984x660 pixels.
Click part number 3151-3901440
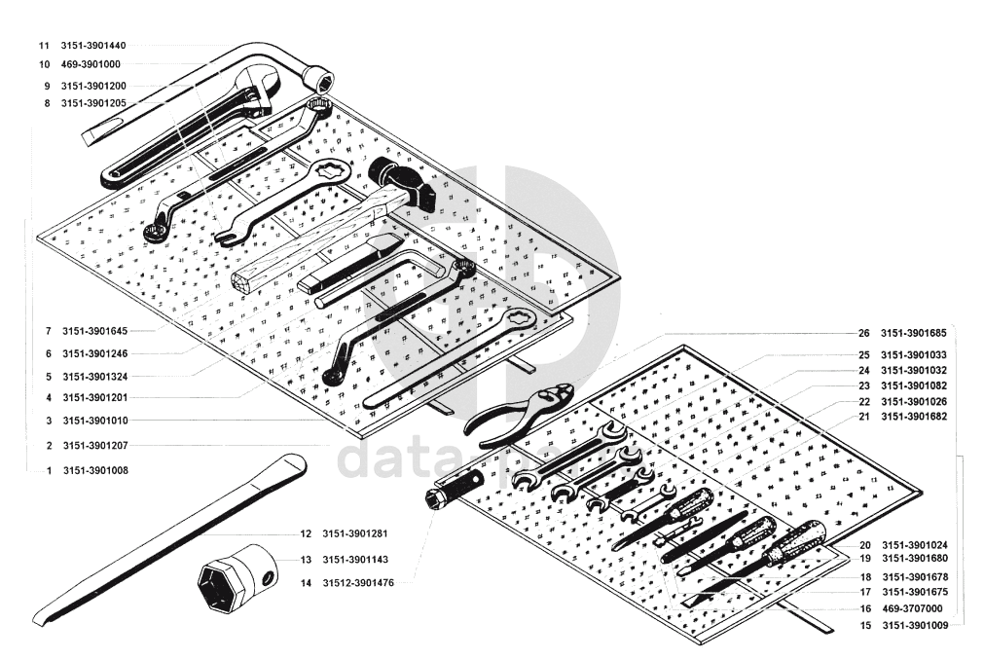click(93, 46)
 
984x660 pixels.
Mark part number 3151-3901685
click(914, 333)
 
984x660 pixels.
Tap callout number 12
click(306, 533)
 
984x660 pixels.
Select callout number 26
click(863, 333)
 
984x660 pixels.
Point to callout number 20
click(864, 544)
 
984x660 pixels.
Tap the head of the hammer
click(404, 183)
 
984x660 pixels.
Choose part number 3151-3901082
click(914, 386)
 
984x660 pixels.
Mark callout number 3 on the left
click(48, 421)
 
